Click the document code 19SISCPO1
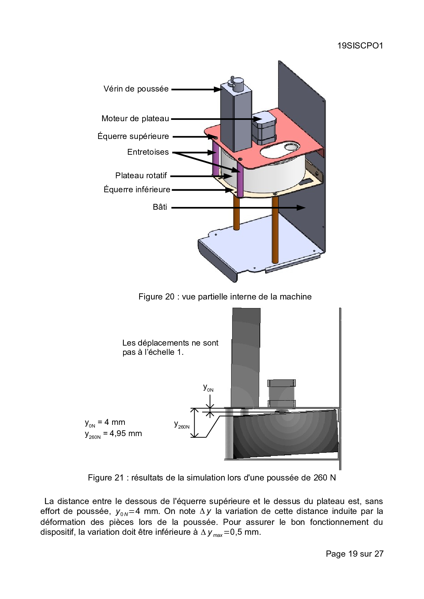tap(360, 46)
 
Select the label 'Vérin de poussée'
tap(136, 89)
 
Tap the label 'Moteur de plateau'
tap(135, 119)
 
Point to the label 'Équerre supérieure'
tap(133, 137)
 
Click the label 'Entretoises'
tap(148, 152)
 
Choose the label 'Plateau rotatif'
tap(141, 176)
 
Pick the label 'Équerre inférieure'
tap(137, 190)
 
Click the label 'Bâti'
tap(160, 207)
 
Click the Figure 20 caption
tap(225, 297)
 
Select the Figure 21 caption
tap(212, 477)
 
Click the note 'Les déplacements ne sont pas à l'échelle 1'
tap(170, 347)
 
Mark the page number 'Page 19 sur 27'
tap(355, 554)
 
